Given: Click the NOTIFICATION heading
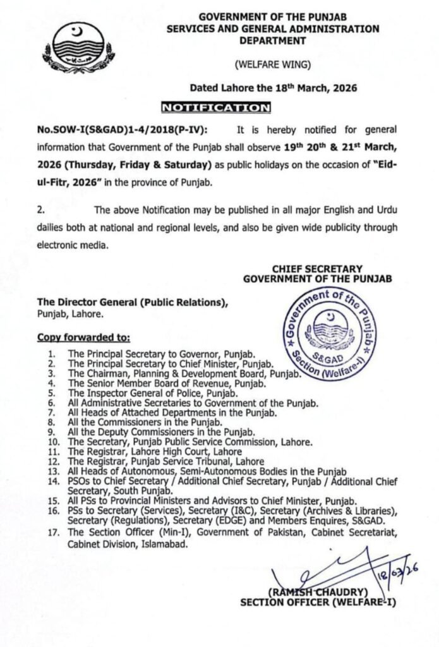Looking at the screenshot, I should tap(215, 108).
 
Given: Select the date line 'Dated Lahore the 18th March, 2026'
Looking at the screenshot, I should tap(274, 88).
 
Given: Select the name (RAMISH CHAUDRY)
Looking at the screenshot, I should tap(318, 592).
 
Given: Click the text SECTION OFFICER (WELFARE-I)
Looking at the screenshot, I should tap(318, 602).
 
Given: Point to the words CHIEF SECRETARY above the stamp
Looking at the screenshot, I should tap(316, 269).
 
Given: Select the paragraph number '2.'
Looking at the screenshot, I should tap(40, 209).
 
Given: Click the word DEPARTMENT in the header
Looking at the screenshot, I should tap(273, 39).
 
